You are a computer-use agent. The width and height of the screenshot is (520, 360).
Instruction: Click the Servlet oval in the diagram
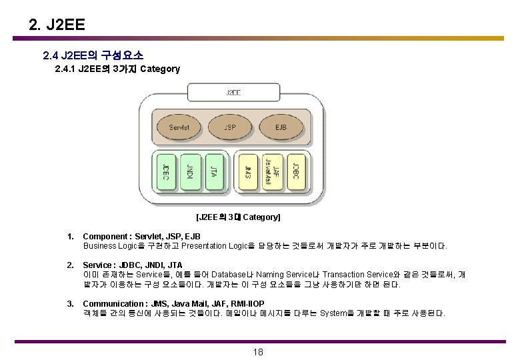pos(179,127)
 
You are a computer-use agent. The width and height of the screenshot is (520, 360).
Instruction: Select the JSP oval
pos(229,127)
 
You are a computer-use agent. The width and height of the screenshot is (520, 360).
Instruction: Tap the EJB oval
pos(281,127)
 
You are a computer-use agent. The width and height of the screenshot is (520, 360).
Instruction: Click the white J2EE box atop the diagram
pos(233,92)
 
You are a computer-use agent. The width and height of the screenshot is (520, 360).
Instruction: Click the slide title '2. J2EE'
pos(57,25)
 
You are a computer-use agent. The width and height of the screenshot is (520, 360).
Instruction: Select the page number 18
pos(259,352)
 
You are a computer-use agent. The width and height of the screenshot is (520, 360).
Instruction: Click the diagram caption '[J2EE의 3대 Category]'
pos(238,217)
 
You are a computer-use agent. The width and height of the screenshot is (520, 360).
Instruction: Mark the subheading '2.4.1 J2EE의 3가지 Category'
pos(117,69)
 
